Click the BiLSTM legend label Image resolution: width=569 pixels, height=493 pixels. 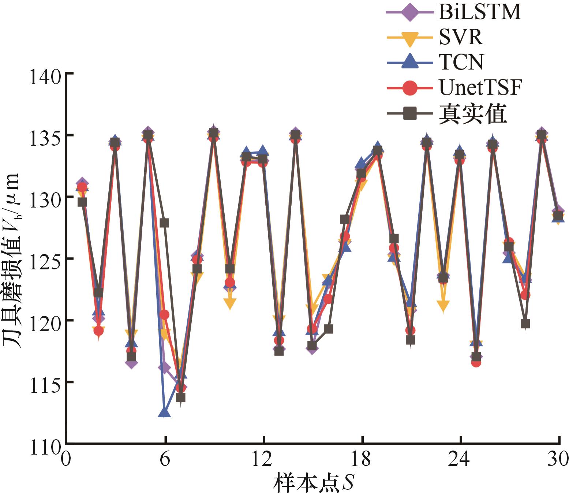[479, 12]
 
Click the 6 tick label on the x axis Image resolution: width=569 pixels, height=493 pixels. [165, 458]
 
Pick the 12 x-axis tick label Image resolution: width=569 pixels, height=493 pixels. [263, 458]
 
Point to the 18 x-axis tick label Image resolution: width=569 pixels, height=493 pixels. [362, 458]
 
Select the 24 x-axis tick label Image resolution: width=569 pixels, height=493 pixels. [460, 458]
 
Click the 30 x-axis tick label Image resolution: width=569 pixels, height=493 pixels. [558, 458]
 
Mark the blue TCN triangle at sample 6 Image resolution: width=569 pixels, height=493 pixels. [164, 412]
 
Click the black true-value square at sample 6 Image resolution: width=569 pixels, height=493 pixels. [164, 223]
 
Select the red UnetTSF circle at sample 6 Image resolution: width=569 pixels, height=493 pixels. [164, 314]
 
